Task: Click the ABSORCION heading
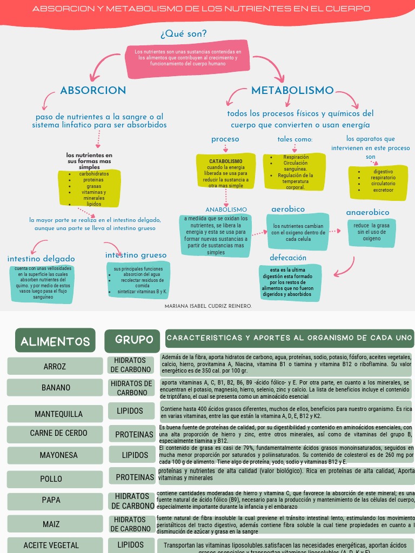[x=93, y=91]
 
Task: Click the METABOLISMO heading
[x=292, y=91]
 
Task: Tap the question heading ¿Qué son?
[x=184, y=34]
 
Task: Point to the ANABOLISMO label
[x=226, y=210]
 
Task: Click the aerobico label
[x=288, y=209]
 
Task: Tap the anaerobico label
[x=367, y=212]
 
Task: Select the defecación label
[x=288, y=258]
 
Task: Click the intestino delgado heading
[x=41, y=259]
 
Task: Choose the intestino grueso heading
[x=136, y=255]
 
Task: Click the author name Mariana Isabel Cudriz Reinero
[x=208, y=306]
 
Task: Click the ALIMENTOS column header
[x=55, y=341]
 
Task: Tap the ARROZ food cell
[x=55, y=367]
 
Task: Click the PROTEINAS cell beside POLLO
[x=135, y=477]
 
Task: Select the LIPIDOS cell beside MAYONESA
[x=135, y=455]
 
